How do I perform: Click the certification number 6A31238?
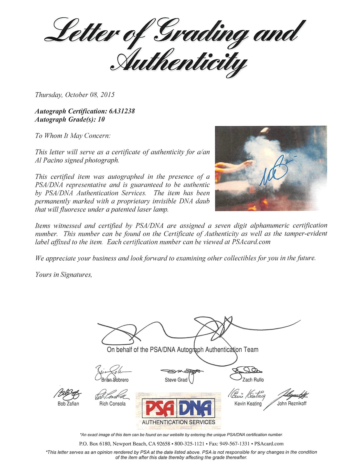(x=122, y=111)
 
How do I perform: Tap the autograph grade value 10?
(x=101, y=119)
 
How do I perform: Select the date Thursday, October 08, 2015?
(x=75, y=95)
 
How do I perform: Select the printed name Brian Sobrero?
(x=115, y=380)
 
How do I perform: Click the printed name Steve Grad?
(x=176, y=380)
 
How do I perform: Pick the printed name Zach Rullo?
(x=253, y=380)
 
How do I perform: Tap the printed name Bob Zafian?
(x=68, y=404)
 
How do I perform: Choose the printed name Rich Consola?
(x=112, y=404)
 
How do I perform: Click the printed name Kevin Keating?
(x=248, y=404)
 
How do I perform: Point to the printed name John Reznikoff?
(x=292, y=404)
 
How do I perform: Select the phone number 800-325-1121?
(x=189, y=444)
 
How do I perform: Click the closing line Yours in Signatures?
(x=63, y=275)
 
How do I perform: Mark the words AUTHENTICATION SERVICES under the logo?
(x=178, y=422)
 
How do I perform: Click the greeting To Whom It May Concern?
(x=73, y=136)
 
